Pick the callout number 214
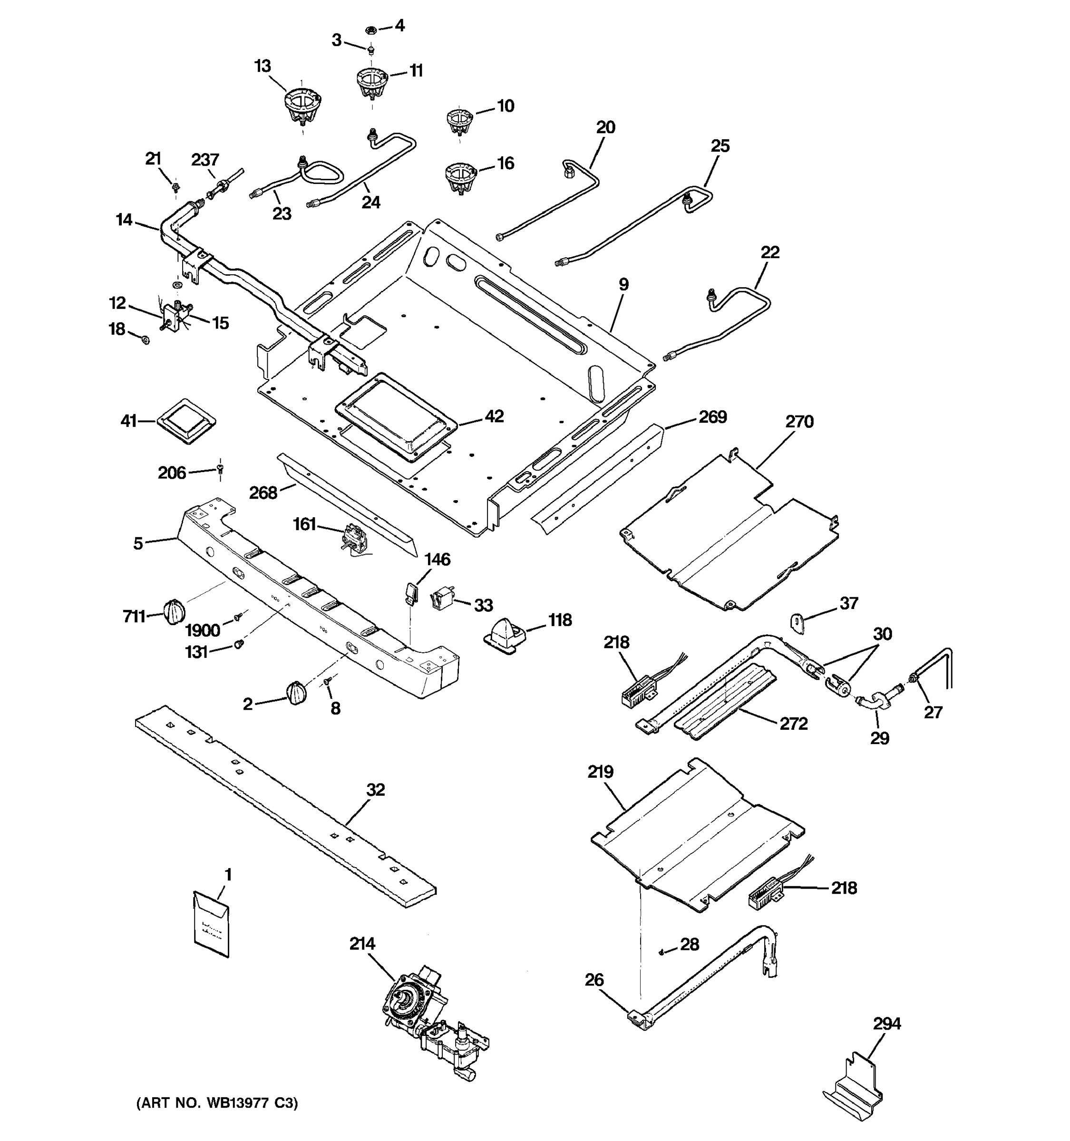coord(362,944)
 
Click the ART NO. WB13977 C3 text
coord(217,1103)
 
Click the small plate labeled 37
coord(798,621)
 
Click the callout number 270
coord(799,422)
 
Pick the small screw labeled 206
coord(220,470)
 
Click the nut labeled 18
coord(145,340)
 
